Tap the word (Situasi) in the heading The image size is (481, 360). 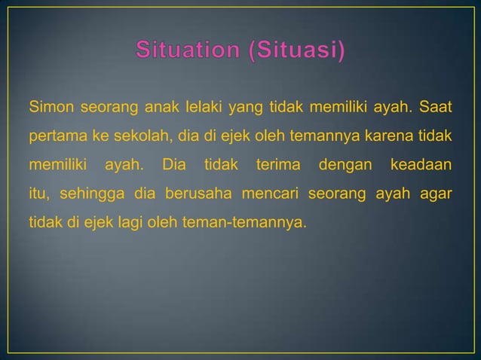point(295,52)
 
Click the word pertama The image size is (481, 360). point(55,138)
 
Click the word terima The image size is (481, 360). point(277,164)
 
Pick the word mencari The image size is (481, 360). point(271,191)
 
